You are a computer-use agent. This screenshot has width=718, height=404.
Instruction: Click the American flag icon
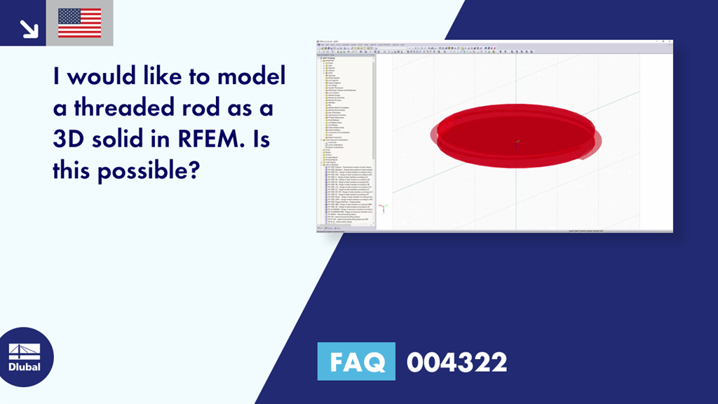[79, 22]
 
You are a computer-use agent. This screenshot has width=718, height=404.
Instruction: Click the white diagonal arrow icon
[29, 28]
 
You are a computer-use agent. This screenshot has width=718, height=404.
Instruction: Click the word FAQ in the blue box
[355, 362]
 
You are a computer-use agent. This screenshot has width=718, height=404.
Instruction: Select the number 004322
[456, 363]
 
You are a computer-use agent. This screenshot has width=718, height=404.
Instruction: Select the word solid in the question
[116, 140]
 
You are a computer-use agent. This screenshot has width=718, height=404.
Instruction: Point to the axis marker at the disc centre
[517, 143]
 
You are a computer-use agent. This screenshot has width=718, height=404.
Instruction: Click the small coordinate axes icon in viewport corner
[383, 208]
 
